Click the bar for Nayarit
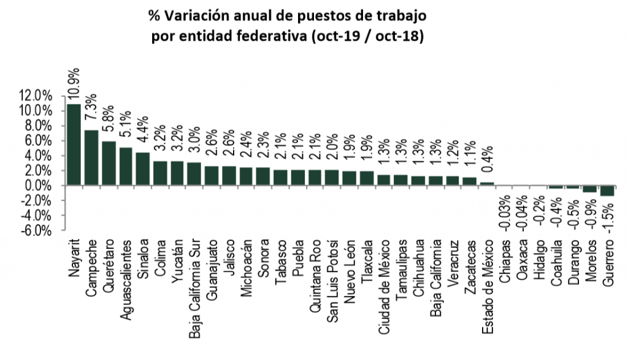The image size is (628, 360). (x=74, y=145)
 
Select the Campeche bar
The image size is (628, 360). (x=91, y=158)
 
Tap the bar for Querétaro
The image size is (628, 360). (x=109, y=163)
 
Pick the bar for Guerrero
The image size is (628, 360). (x=607, y=191)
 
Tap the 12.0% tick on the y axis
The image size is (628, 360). (x=36, y=96)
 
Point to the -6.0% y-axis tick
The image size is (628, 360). (x=36, y=231)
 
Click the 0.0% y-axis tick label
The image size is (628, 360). (x=39, y=185)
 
